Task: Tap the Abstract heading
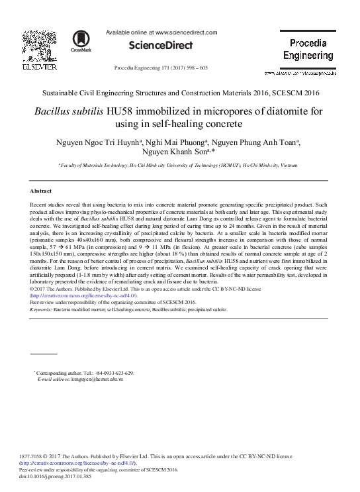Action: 42,190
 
